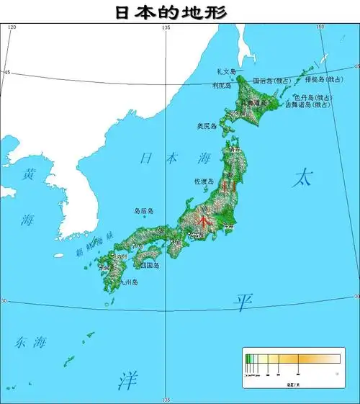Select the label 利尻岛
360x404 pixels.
click(221, 86)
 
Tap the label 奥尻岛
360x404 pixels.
click(207, 126)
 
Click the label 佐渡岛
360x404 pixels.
click(203, 181)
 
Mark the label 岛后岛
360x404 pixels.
click(144, 211)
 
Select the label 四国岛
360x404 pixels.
click(150, 265)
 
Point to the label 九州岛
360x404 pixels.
click(129, 283)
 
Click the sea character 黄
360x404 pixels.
click(29, 174)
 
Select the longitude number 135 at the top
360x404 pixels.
click(166, 27)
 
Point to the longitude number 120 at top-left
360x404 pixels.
click(11, 27)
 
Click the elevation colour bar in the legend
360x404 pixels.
click(292, 358)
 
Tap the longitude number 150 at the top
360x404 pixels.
click(321, 27)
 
